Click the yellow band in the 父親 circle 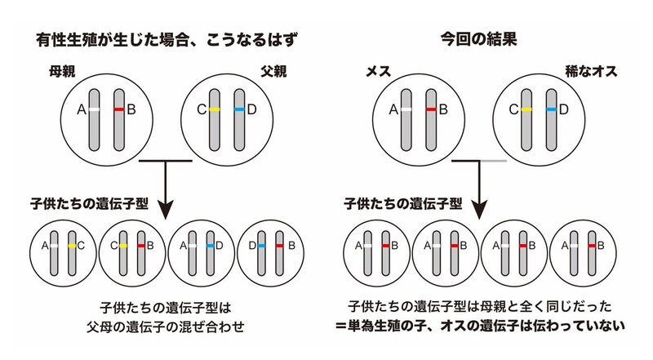click(215, 109)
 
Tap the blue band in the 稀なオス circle click(552, 109)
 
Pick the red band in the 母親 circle click(119, 109)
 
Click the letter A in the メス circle click(394, 109)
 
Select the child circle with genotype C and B click(131, 245)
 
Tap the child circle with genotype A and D click(200, 245)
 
